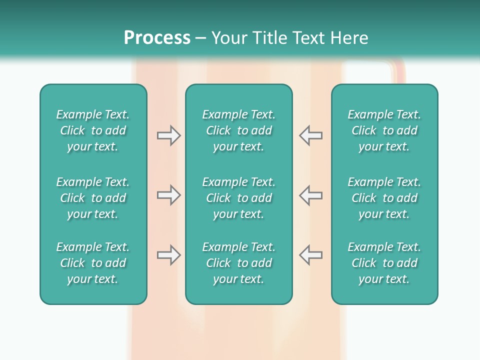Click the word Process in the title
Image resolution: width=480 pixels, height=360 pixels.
pyautogui.click(x=157, y=38)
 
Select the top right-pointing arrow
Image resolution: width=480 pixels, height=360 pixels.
pyautogui.click(x=168, y=135)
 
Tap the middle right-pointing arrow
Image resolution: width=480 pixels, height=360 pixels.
pyautogui.click(x=168, y=195)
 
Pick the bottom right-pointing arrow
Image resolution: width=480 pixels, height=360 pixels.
pyautogui.click(x=168, y=255)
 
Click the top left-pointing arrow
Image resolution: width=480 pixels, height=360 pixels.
pyautogui.click(x=310, y=135)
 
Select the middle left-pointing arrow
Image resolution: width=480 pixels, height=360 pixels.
pyautogui.click(x=310, y=195)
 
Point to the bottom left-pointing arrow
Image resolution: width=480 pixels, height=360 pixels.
pyautogui.click(x=310, y=255)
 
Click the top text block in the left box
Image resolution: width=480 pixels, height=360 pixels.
pyautogui.click(x=93, y=130)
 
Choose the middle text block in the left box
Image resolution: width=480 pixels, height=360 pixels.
pyautogui.click(x=93, y=198)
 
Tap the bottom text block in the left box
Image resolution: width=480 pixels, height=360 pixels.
pyautogui.click(x=93, y=263)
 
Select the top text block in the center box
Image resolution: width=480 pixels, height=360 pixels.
pyautogui.click(x=238, y=130)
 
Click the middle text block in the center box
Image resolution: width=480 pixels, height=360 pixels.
pyautogui.click(x=238, y=198)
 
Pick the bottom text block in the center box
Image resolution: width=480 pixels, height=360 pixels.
pyautogui.click(x=238, y=263)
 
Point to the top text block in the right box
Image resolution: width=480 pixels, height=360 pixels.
pyautogui.click(x=384, y=130)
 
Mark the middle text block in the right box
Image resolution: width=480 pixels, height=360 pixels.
pyautogui.click(x=384, y=198)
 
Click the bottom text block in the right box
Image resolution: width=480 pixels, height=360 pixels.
pyautogui.click(x=384, y=263)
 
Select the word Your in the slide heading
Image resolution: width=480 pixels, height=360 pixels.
pyautogui.click(x=229, y=38)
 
